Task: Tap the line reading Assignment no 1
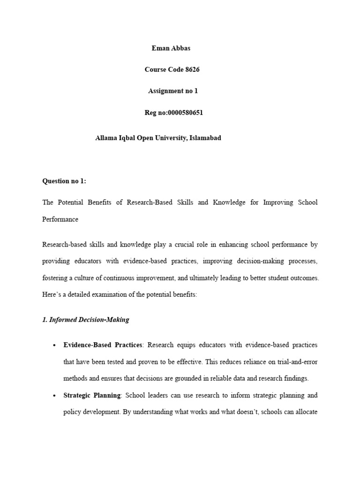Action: point(173,91)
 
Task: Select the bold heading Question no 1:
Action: point(64,181)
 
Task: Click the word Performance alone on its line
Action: point(60,219)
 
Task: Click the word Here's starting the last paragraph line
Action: point(52,295)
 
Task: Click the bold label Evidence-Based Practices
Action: point(103,345)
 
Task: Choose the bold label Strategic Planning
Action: point(92,396)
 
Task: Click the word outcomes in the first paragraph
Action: point(302,278)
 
